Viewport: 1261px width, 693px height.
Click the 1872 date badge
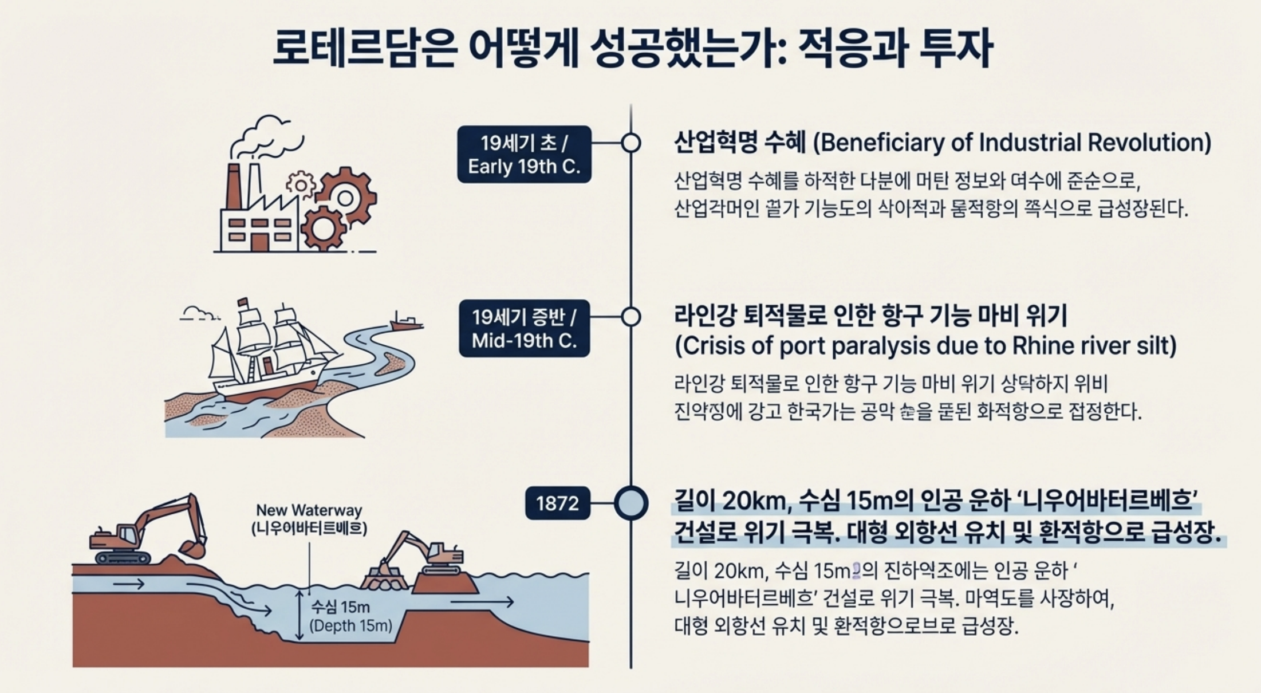click(x=557, y=503)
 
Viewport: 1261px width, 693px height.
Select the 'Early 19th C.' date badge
click(x=524, y=155)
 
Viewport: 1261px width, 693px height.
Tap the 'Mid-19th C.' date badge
click(x=524, y=329)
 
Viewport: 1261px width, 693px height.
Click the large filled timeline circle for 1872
click(x=631, y=503)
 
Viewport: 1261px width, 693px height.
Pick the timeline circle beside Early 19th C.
click(x=630, y=143)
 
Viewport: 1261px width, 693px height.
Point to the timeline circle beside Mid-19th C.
click(x=630, y=316)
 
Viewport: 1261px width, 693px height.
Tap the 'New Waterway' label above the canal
click(x=309, y=510)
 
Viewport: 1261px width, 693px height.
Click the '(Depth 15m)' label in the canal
click(x=350, y=625)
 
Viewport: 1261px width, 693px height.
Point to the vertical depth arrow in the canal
click(x=298, y=616)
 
